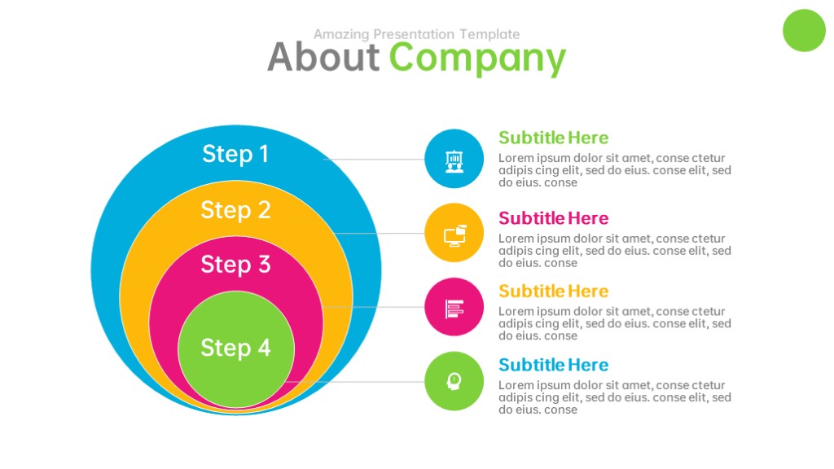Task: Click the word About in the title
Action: coord(323,57)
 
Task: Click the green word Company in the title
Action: coord(477,59)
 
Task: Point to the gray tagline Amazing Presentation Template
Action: coord(416,34)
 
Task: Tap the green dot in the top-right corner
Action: coord(804,30)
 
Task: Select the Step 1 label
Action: coord(235,154)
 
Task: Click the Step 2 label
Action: coord(235,210)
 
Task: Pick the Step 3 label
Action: coord(235,265)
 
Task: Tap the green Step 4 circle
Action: coord(236,349)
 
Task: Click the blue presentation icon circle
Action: coord(454,159)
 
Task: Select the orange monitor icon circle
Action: coord(454,232)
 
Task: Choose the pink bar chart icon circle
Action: coord(454,307)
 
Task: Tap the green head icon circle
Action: coord(454,381)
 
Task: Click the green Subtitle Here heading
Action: coord(553,138)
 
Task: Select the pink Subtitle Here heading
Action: coord(553,218)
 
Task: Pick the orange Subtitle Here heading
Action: coord(553,291)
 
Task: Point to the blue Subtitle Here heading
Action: coord(553,365)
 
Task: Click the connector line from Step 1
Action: coord(374,159)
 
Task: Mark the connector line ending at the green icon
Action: coord(354,381)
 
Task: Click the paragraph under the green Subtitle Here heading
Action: coord(615,170)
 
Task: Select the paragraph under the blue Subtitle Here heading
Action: coord(615,397)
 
